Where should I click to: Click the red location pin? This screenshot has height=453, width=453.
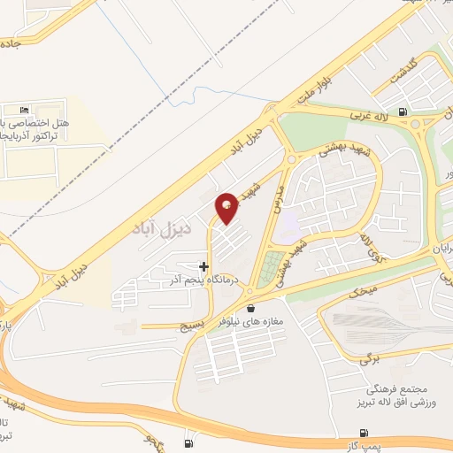[228, 207]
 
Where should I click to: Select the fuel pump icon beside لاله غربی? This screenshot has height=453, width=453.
[404, 111]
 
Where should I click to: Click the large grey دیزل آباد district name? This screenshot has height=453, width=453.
[161, 233]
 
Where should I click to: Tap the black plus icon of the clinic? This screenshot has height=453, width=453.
[204, 265]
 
